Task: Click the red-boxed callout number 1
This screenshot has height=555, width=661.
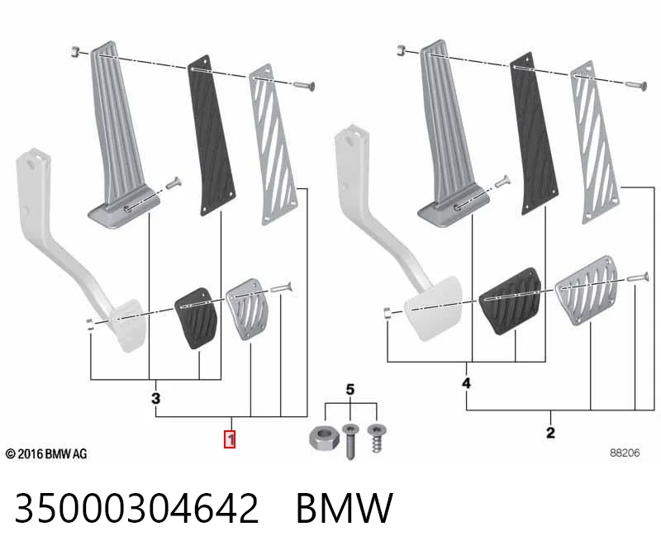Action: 230,439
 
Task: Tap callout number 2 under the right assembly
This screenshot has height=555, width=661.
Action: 550,433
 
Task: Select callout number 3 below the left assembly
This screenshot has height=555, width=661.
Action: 156,398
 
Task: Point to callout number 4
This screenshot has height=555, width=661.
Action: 466,383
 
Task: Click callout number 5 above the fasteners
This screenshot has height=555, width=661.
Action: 350,389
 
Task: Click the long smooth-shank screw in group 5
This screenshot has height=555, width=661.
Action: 350,441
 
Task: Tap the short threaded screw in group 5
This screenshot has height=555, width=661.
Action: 377,438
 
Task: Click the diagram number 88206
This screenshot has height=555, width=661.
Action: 625,453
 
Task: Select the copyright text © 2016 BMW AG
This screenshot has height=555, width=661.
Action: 46,454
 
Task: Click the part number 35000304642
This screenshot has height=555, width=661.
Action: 136,508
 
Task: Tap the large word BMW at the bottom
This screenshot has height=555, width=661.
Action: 345,508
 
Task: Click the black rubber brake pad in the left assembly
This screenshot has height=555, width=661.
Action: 197,318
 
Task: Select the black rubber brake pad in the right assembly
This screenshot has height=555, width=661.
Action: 511,301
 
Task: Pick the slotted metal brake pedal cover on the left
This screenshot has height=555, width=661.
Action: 247,309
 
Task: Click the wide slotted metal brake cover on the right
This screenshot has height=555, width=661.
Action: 587,290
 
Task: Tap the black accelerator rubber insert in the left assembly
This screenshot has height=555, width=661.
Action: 212,135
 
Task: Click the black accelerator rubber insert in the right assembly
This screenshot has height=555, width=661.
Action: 534,134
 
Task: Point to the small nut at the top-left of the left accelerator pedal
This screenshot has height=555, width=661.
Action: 75,52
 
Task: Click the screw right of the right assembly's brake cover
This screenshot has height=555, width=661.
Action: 637,277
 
